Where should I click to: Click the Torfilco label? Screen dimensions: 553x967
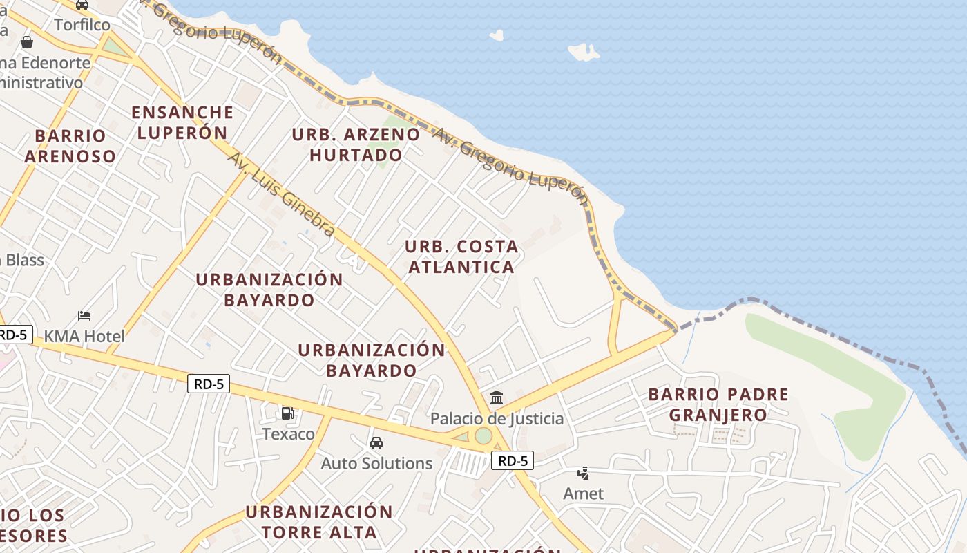coord(82,25)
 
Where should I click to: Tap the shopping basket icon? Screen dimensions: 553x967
coord(27,42)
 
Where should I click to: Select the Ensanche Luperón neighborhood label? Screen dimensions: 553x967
coord(182,122)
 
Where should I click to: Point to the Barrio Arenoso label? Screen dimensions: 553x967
coord(70,146)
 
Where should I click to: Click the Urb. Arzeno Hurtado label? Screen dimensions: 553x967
coord(356,144)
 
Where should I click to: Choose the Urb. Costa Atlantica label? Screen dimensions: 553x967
coord(461,256)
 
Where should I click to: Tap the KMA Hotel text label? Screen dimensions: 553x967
coord(84,337)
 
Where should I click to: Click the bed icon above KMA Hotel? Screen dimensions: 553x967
coord(84,316)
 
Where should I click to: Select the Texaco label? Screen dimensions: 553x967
coord(288,434)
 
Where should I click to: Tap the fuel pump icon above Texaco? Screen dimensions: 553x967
coord(287,413)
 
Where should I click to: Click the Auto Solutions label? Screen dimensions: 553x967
coord(376,463)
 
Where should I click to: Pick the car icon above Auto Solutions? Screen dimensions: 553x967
coord(376,442)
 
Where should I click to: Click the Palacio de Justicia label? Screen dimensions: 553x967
coord(497,418)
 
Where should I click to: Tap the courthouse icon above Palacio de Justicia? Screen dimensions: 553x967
coord(497,397)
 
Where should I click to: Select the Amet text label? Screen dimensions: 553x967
coord(584,494)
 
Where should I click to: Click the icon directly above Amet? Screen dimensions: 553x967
coord(584,473)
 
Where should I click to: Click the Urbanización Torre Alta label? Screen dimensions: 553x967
coord(319,522)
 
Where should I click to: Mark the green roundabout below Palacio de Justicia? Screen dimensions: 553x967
coord(483,436)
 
